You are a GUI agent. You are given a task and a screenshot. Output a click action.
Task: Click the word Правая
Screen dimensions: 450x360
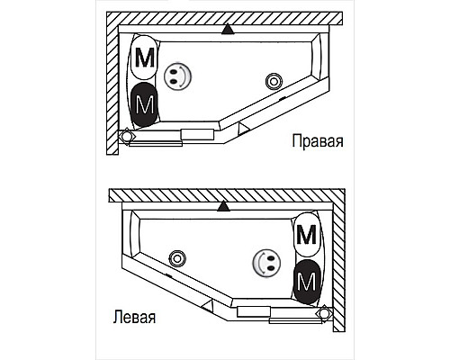[318, 141]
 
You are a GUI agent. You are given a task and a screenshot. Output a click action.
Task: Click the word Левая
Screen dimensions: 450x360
[134, 317]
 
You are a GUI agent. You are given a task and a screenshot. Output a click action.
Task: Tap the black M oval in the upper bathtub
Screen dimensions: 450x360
[145, 104]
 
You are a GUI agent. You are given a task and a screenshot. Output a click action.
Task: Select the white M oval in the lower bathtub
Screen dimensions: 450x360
[307, 234]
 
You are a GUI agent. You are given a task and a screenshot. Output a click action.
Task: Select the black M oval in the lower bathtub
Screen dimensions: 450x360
[307, 282]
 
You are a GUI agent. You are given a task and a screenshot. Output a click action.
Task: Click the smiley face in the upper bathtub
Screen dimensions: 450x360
[177, 76]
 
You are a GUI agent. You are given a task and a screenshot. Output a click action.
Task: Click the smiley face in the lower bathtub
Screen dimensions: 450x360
[266, 263]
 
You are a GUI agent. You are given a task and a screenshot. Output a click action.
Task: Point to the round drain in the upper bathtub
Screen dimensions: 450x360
[274, 81]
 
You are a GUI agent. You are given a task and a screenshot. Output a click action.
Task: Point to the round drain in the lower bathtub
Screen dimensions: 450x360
[177, 258]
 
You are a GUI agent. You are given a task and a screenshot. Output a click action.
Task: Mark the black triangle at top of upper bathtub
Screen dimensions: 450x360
[228, 30]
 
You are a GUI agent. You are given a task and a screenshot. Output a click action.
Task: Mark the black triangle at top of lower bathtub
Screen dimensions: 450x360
[223, 206]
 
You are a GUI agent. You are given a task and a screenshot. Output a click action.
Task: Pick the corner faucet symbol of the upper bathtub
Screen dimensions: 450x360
[126, 136]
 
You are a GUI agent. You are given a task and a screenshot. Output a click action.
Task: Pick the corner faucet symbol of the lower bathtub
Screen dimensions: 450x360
[323, 313]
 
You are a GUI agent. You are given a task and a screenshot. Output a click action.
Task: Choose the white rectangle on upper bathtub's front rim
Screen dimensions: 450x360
[197, 134]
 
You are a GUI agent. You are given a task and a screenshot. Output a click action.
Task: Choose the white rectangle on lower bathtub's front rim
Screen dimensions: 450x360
[254, 311]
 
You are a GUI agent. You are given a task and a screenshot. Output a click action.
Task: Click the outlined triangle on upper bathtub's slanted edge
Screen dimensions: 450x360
[243, 129]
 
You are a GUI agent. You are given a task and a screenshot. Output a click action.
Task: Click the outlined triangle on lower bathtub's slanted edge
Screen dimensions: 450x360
[208, 306]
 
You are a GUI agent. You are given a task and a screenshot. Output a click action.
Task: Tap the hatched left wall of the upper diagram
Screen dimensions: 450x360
[112, 89]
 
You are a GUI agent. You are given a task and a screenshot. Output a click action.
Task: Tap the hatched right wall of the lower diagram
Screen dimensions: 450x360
[339, 266]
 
